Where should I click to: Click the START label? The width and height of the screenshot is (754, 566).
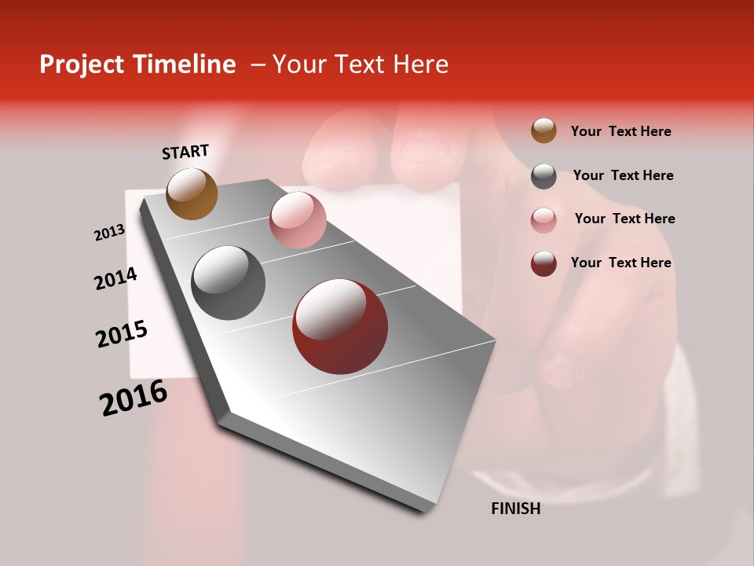[x=185, y=152]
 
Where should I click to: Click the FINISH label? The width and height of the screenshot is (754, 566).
[x=515, y=509]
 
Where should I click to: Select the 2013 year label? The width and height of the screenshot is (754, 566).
[x=109, y=233]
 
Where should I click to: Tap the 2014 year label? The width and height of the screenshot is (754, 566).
[x=115, y=278]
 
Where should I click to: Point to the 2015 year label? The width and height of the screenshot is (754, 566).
[x=122, y=334]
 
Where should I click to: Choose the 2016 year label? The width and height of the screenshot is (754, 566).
[x=134, y=397]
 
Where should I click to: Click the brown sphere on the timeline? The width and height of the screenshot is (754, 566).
[x=192, y=193]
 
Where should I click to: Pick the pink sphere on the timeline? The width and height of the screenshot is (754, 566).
[x=298, y=219]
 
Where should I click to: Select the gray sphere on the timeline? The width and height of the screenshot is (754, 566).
[x=228, y=283]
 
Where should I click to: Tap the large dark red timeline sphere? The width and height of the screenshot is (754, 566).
[x=340, y=326]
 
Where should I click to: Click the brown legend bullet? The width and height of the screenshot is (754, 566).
[x=544, y=130]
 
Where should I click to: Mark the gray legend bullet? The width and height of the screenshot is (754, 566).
[x=544, y=176]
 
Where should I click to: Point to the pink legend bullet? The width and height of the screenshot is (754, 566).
[x=544, y=220]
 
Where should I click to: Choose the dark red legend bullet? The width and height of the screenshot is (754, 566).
[x=544, y=263]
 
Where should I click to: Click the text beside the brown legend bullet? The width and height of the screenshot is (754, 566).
[x=620, y=131]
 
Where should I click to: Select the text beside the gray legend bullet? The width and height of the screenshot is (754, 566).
[x=623, y=175]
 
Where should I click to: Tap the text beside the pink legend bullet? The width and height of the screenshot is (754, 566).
[x=624, y=219]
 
